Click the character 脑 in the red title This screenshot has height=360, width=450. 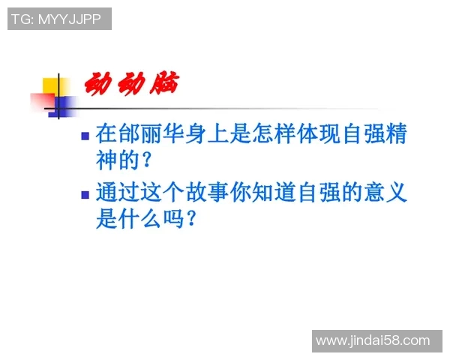[x=163, y=83]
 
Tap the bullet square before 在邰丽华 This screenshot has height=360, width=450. [x=85, y=136]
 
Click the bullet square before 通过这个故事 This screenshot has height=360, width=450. [x=85, y=193]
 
